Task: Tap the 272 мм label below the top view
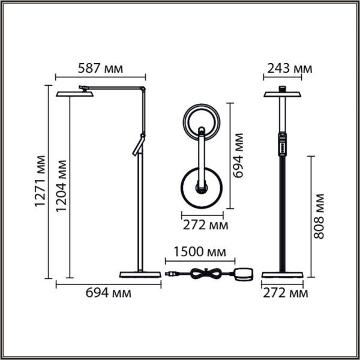205,225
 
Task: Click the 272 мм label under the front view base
284,293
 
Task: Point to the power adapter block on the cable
244,274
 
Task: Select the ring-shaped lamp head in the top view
203,120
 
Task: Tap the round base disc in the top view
203,187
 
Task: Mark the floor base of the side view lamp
140,274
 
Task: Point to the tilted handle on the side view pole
137,145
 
